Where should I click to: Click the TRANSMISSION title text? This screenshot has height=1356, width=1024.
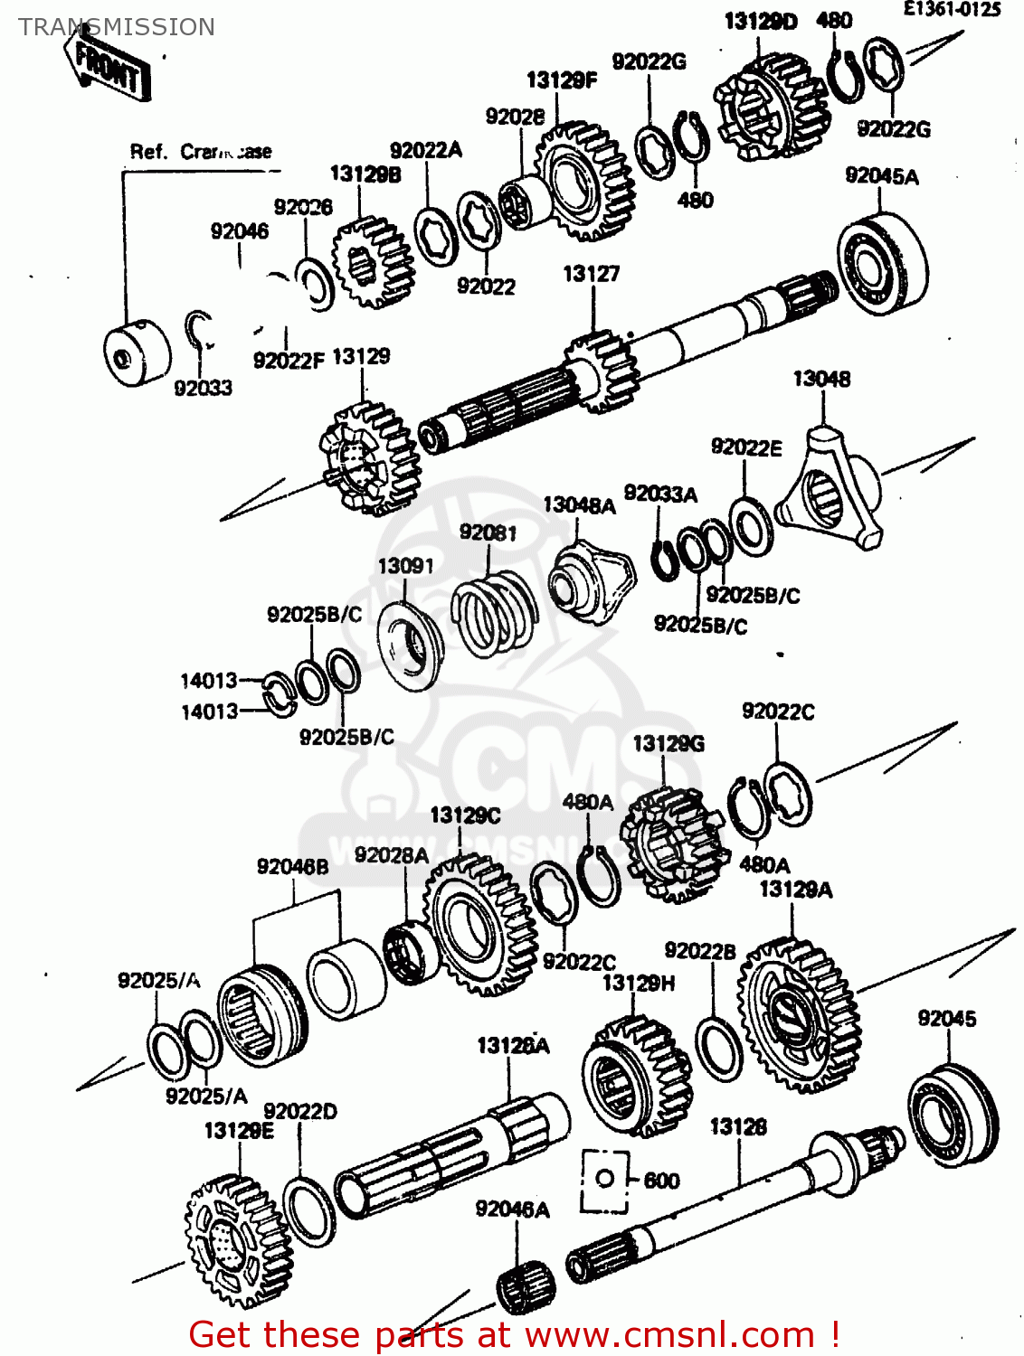coord(117,27)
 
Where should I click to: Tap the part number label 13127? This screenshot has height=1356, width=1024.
coord(591,274)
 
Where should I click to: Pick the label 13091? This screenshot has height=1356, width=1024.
coord(405,566)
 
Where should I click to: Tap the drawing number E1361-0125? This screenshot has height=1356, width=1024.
coord(952,10)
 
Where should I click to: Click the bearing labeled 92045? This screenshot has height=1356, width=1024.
coord(952,1113)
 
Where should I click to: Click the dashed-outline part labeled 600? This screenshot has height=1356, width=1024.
coord(604,1180)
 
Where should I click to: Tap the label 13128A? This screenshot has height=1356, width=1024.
coord(513,1046)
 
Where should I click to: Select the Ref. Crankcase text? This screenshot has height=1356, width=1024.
coord(201,152)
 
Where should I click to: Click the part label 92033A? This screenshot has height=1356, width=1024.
coord(660,494)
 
